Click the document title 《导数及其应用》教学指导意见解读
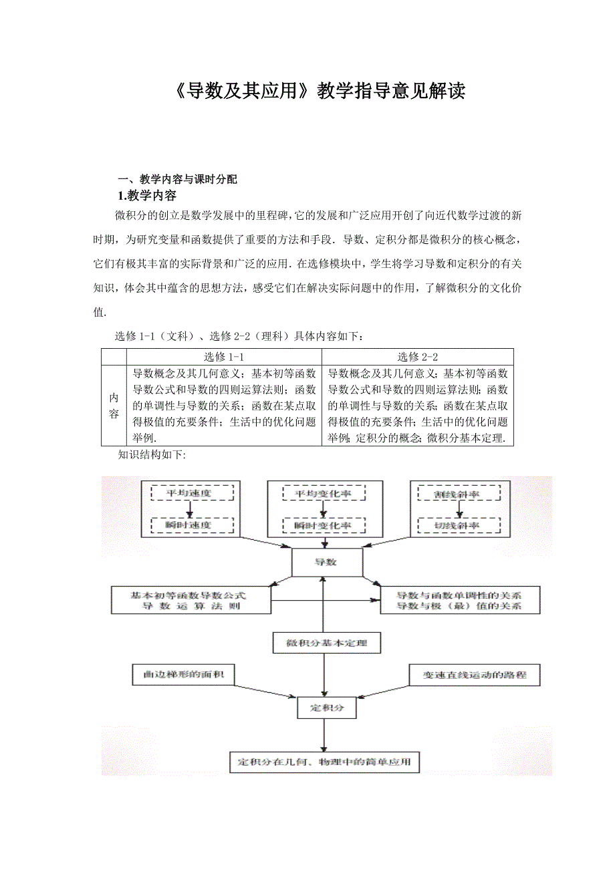pyautogui.click(x=313, y=92)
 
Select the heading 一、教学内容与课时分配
pyautogui.click(x=177, y=179)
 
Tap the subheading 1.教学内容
pyautogui.click(x=147, y=196)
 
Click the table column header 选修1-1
pyautogui.click(x=224, y=357)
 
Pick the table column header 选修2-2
pyautogui.click(x=418, y=357)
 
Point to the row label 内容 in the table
pyautogui.click(x=114, y=406)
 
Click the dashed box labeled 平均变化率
pyautogui.click(x=324, y=494)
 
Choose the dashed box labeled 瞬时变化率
pyautogui.click(x=324, y=525)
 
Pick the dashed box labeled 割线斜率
pyautogui.click(x=457, y=494)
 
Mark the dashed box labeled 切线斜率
pyautogui.click(x=457, y=525)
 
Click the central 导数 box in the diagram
pyautogui.click(x=327, y=563)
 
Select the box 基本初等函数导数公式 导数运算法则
pyautogui.click(x=191, y=600)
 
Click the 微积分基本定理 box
pyautogui.click(x=327, y=643)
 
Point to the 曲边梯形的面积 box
pyautogui.click(x=184, y=675)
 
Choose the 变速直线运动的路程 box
pyautogui.click(x=475, y=675)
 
